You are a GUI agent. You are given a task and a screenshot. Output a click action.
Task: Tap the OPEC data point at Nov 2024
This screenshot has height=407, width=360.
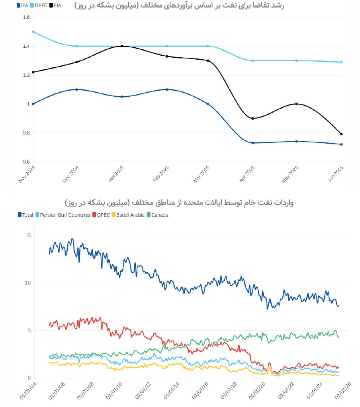tap(33, 31)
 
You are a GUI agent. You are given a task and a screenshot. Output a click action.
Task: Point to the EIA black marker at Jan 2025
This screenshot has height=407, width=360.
tap(121, 46)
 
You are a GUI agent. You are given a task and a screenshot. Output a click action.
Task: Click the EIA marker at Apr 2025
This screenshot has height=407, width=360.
tap(252, 118)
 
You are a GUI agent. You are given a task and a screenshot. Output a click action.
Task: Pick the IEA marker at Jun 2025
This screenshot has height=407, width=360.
tap(341, 144)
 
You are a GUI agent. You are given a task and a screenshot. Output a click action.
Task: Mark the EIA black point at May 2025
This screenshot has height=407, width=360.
tap(296, 104)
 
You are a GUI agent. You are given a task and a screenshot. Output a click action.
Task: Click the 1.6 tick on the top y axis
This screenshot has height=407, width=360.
tap(27, 18)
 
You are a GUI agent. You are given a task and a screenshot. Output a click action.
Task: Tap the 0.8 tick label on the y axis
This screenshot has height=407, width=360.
tap(27, 133)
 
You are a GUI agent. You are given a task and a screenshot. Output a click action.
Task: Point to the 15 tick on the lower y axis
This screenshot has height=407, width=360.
tap(27, 236)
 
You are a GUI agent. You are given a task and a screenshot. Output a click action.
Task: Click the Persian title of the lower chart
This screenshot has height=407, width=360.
tap(180, 203)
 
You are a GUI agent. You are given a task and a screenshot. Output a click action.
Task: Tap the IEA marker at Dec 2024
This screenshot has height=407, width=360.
tap(77, 90)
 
